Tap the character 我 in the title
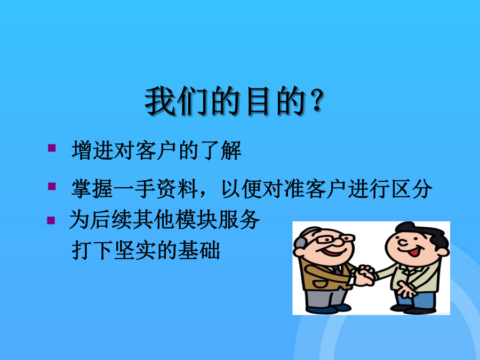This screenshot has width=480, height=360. [x=159, y=101]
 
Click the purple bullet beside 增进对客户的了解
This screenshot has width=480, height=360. [x=52, y=148]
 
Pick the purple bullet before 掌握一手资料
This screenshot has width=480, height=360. [x=52, y=186]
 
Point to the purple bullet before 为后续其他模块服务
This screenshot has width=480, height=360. [x=51, y=220]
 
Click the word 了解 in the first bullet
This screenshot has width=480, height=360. [x=221, y=150]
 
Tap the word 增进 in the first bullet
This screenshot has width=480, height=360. [x=92, y=150]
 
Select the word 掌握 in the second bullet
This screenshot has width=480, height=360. [x=92, y=189]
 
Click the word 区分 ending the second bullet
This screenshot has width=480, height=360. [x=412, y=189]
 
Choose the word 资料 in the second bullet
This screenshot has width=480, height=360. [x=177, y=189]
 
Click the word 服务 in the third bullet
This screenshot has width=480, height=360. [x=239, y=220]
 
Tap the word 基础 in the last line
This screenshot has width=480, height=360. [x=199, y=250]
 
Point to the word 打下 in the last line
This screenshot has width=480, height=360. [x=92, y=250]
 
